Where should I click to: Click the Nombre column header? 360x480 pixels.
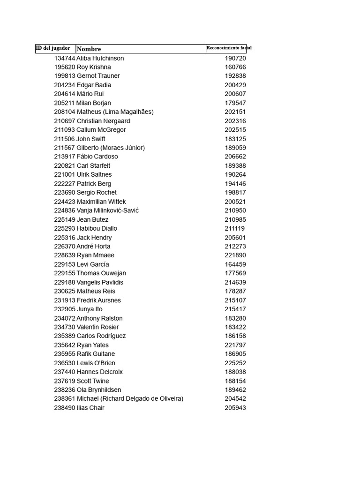[89, 49]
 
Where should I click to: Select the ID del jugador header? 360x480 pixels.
[53, 48]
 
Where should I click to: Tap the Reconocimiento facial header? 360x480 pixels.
[229, 48]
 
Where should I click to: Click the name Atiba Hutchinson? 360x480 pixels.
[100, 58]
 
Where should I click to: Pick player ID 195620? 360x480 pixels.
[65, 67]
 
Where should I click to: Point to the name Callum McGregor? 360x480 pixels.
[101, 130]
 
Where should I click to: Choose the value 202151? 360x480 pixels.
[235, 112]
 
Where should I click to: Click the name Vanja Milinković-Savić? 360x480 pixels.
[108, 210]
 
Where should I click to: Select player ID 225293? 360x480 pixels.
[65, 229]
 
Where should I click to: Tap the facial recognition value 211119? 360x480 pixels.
[234, 229]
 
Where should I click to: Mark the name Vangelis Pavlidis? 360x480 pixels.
[100, 282]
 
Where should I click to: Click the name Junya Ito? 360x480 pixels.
[90, 309]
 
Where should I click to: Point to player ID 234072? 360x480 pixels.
[65, 318]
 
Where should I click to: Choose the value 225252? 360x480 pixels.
[235, 363]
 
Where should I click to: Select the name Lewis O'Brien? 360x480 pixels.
[96, 363]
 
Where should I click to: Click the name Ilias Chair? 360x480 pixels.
[90, 408]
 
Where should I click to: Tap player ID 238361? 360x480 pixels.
[65, 399]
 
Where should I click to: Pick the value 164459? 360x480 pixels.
[235, 264]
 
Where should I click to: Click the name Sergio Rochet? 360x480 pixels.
[97, 193]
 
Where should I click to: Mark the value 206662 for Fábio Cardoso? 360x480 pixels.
[235, 157]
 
